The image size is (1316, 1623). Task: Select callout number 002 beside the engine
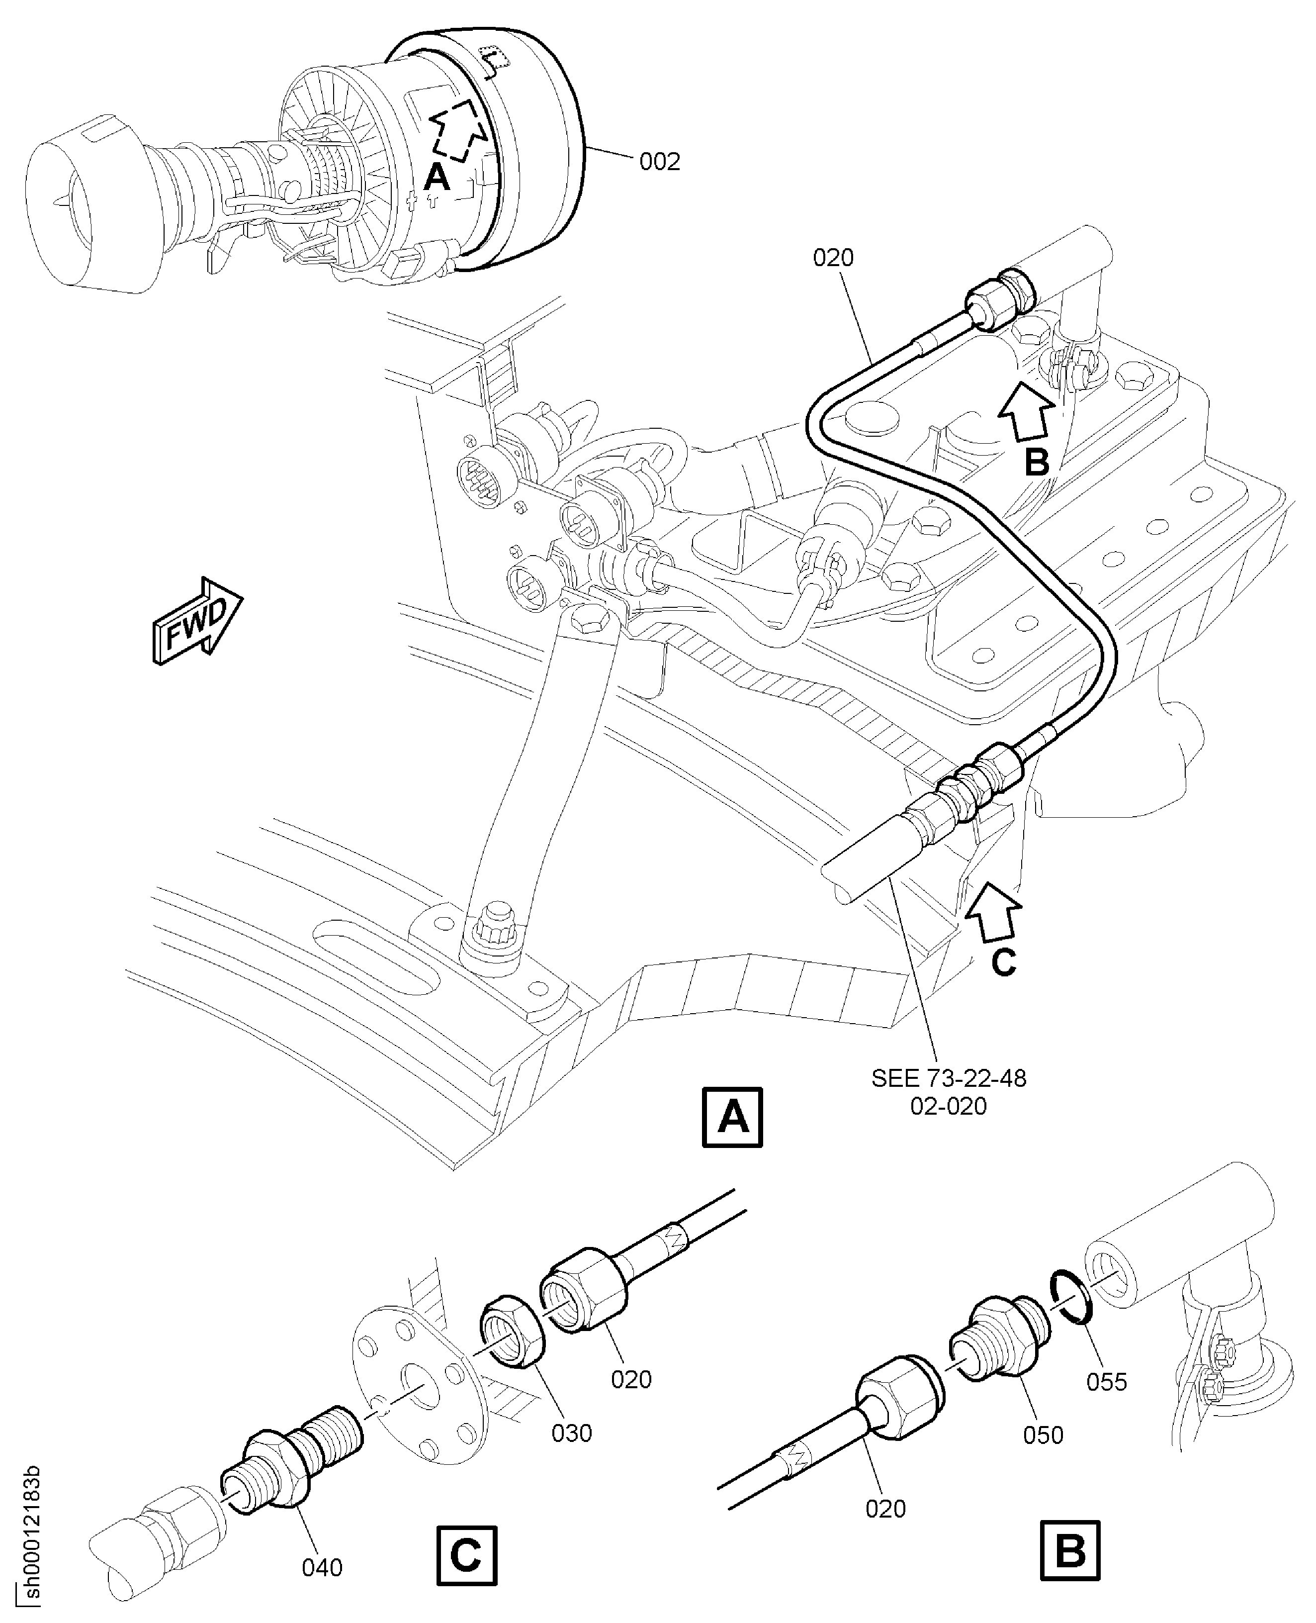[660, 162]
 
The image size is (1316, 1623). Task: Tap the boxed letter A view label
[732, 1118]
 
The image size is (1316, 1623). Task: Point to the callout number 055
[1107, 1382]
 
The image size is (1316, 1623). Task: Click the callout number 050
[1043, 1435]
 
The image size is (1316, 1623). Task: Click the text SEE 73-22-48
[948, 1078]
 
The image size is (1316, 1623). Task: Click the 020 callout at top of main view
[833, 258]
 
